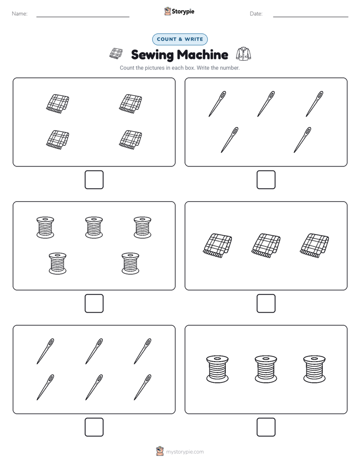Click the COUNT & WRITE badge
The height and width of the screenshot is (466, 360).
pos(179,39)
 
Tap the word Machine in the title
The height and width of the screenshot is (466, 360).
pos(203,54)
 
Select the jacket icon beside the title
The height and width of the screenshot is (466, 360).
pos(244,54)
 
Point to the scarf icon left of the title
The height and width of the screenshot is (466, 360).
pos(116,53)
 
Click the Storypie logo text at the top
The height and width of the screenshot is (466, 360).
pos(183,12)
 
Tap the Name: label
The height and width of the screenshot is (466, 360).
pos(20,14)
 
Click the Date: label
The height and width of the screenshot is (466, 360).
pos(256,14)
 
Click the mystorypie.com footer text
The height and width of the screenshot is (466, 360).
pos(185,452)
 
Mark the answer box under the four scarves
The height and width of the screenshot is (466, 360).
pos(94,180)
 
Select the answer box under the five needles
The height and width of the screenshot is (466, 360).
pos(266,180)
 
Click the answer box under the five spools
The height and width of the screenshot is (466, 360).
pos(94,304)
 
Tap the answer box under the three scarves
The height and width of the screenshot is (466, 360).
pos(266,304)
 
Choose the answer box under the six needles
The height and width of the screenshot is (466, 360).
pos(94,427)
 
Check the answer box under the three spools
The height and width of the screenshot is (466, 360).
pos(266,427)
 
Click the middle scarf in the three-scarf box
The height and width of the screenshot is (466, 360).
pos(266,246)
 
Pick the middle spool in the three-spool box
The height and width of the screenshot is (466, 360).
pos(266,369)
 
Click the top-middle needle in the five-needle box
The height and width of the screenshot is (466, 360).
pos(266,104)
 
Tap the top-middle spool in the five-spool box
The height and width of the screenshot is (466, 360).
pos(94,227)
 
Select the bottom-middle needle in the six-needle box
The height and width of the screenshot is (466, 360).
pos(94,387)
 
